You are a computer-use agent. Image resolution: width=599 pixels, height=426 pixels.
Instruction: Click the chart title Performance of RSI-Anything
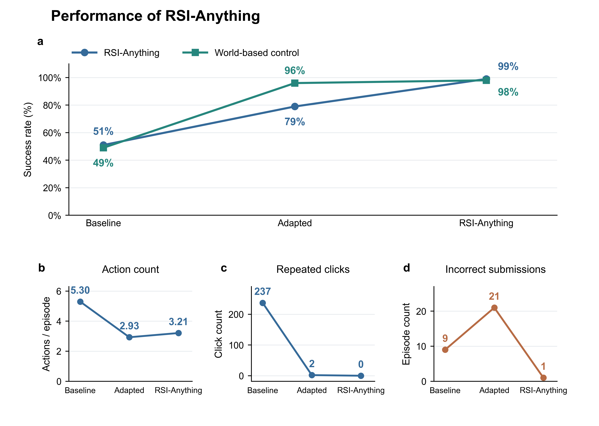click(155, 16)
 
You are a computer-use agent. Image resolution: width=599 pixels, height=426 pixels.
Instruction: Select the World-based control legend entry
click(241, 53)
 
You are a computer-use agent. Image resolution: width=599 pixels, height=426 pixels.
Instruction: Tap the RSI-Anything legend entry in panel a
click(115, 53)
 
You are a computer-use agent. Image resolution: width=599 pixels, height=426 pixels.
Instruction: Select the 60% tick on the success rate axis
click(52, 133)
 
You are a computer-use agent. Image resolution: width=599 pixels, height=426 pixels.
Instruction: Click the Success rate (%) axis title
click(28, 140)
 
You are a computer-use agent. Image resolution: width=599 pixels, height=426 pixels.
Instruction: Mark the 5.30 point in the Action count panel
click(80, 302)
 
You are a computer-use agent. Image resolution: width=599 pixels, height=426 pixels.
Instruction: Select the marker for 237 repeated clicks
click(262, 303)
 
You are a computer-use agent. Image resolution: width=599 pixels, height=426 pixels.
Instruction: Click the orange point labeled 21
click(494, 308)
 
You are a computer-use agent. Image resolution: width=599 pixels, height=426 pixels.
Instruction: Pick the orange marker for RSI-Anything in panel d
click(543, 378)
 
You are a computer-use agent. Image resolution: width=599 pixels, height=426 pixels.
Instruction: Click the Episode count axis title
click(406, 334)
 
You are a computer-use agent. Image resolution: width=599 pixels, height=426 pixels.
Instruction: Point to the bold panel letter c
click(224, 268)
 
